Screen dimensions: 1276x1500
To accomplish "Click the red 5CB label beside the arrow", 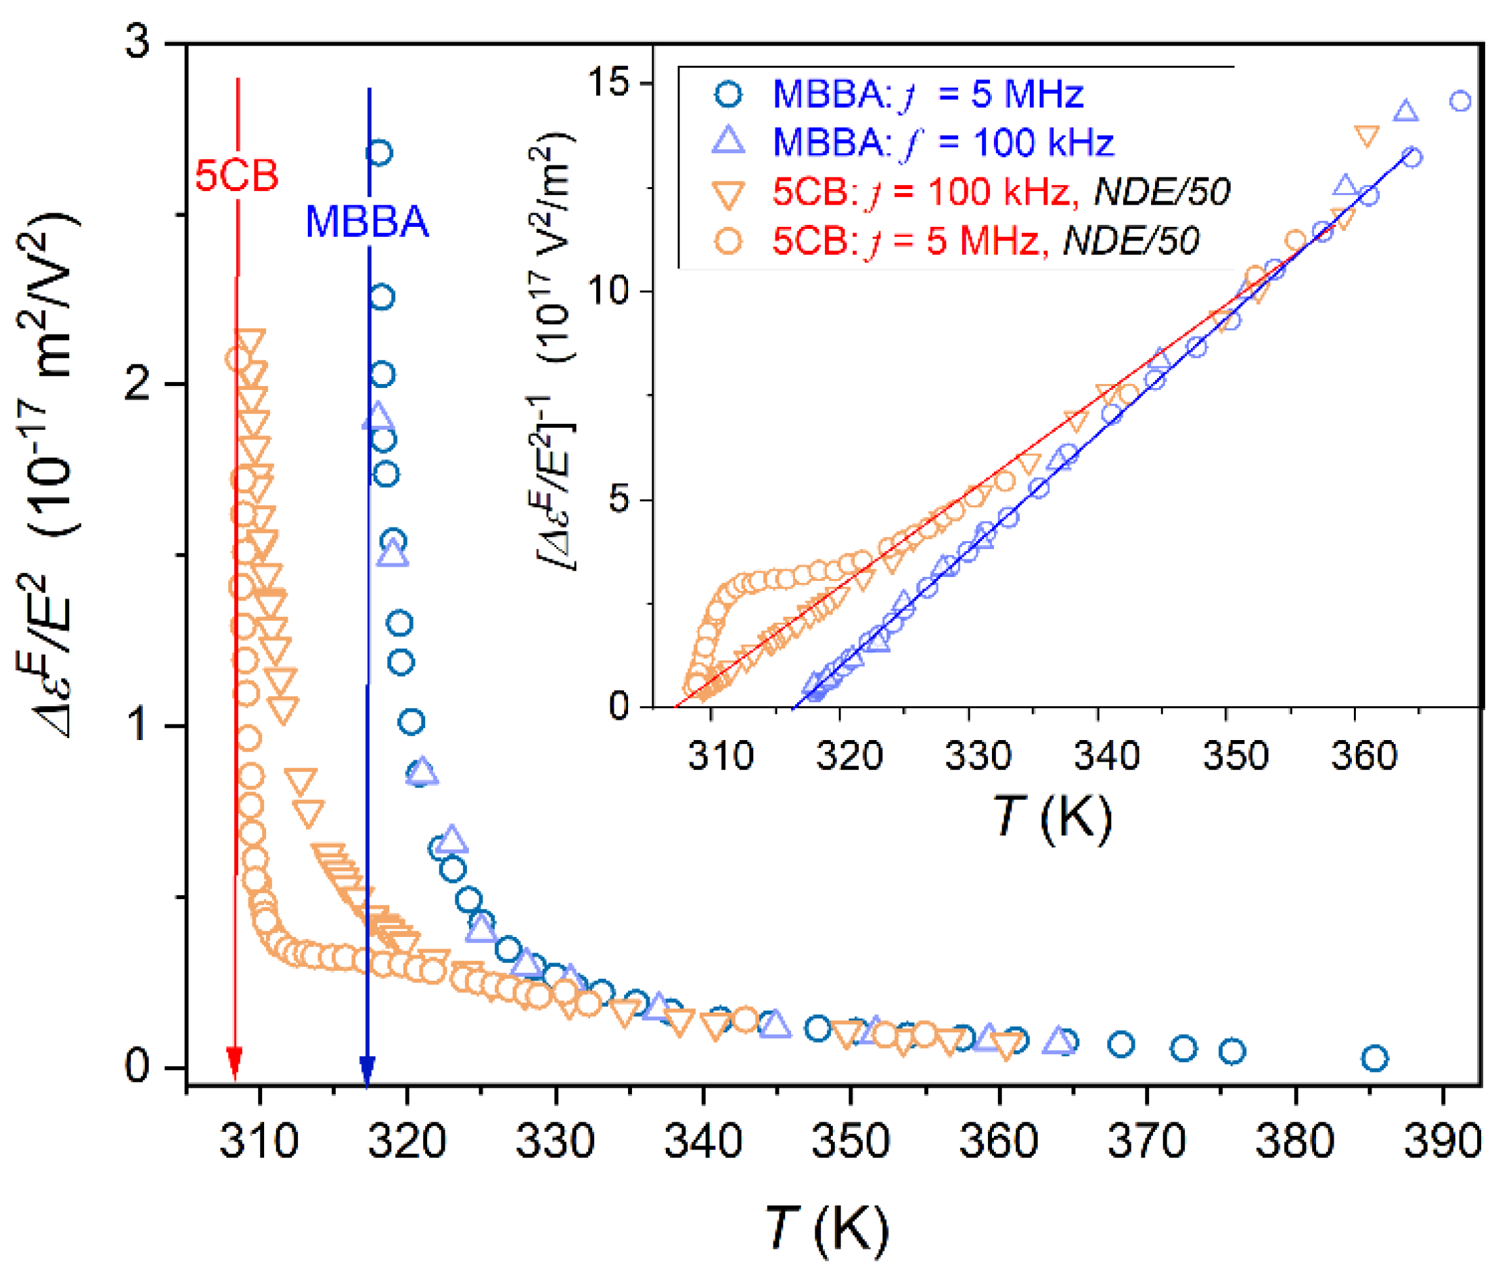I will click(237, 176).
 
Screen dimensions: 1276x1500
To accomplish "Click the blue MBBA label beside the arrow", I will click(367, 221).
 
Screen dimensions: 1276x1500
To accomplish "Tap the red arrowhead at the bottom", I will click(233, 1063).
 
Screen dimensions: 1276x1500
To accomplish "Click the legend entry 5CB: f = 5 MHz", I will click(985, 240).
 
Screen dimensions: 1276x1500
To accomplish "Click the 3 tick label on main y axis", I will click(138, 41).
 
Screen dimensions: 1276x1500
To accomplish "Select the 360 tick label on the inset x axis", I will click(1363, 756).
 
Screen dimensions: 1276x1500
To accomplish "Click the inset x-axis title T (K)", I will click(1052, 818).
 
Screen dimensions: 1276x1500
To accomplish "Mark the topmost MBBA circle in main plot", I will click(379, 153).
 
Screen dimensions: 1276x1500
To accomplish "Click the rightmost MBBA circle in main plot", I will click(1374, 1058).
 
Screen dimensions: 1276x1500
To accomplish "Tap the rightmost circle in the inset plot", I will click(1460, 101).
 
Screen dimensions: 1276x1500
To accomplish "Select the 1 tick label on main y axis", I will click(138, 725).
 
